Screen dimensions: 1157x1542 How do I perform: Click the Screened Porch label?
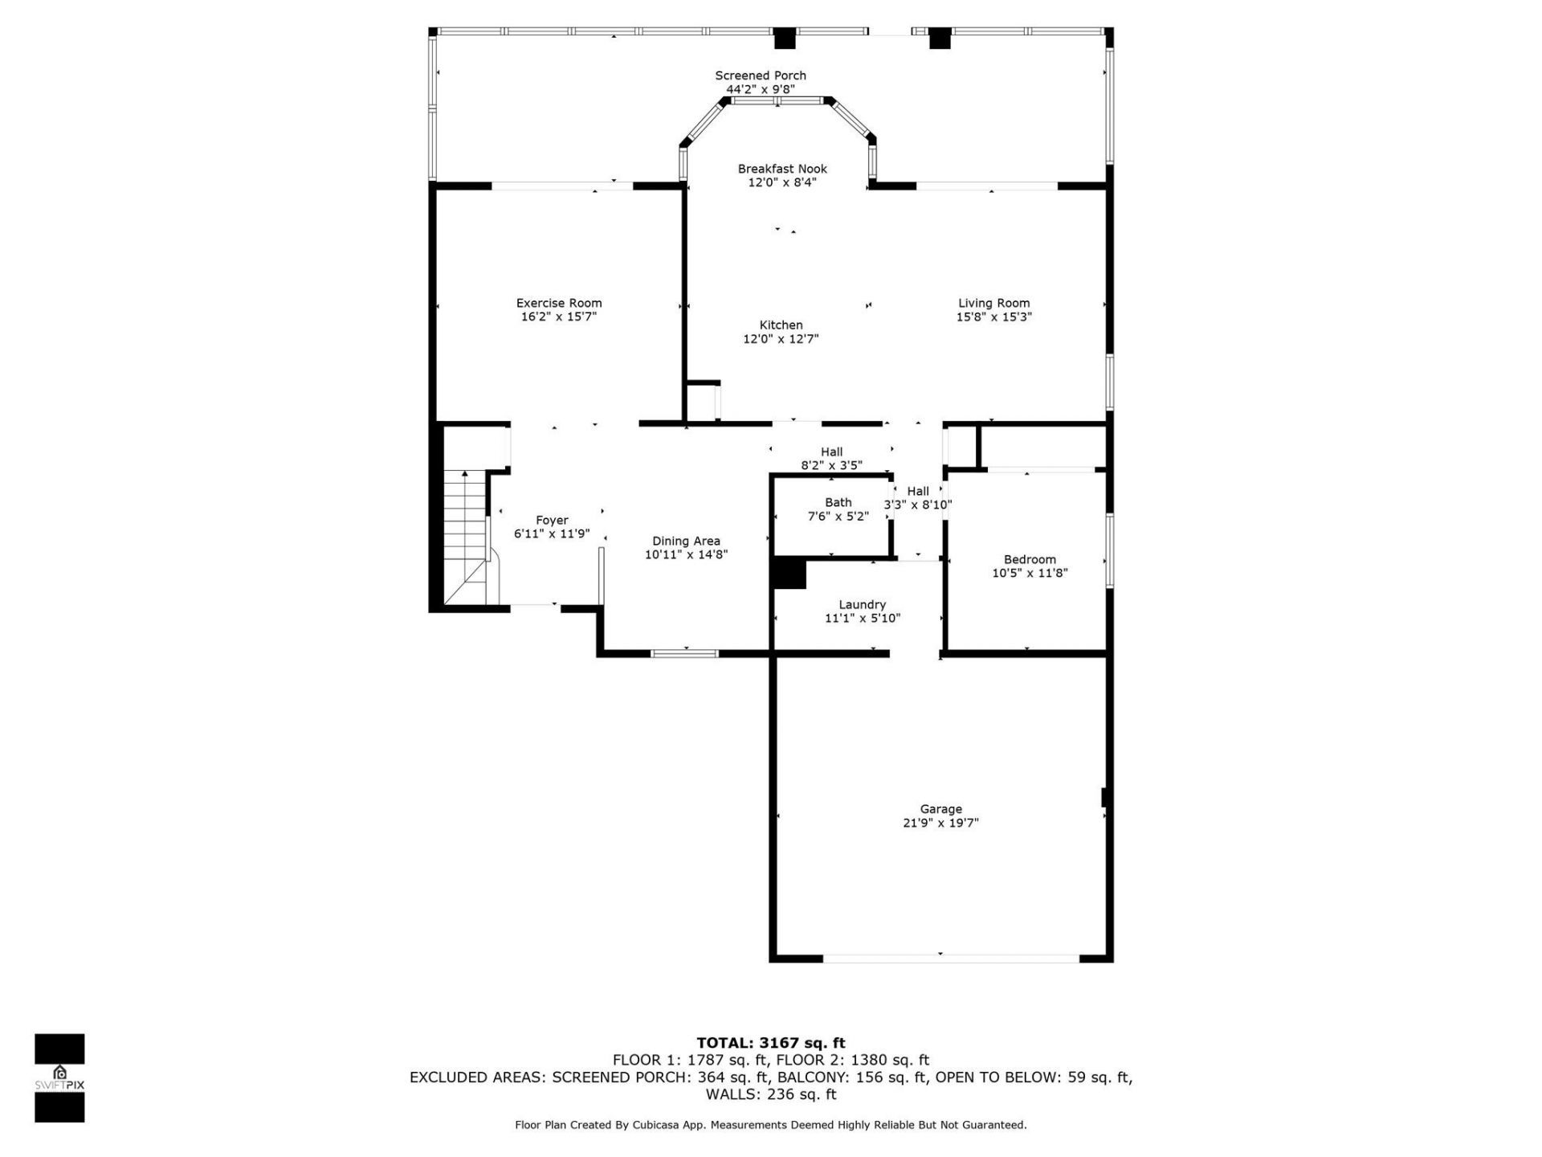click(x=760, y=76)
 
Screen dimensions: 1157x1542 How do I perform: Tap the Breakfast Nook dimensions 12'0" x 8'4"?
click(x=782, y=183)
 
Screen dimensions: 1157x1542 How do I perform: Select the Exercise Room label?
click(x=558, y=303)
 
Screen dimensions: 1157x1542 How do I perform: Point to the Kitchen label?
click(x=781, y=325)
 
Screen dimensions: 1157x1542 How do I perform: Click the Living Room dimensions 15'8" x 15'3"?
click(x=993, y=317)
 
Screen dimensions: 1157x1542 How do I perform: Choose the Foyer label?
click(x=552, y=521)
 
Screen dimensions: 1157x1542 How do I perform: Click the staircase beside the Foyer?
click(x=465, y=538)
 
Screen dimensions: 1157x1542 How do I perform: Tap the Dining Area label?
click(x=686, y=541)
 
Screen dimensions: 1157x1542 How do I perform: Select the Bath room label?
click(x=838, y=502)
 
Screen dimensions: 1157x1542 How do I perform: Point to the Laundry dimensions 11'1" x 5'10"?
click(x=862, y=619)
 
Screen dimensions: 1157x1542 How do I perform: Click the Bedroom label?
click(x=1030, y=559)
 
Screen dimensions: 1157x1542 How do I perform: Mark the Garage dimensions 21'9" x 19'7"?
click(x=940, y=823)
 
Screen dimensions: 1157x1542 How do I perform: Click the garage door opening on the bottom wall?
click(x=951, y=958)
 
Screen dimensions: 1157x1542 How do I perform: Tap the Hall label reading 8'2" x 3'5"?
click(x=831, y=452)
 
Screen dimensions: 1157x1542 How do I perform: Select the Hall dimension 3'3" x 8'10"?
click(x=918, y=505)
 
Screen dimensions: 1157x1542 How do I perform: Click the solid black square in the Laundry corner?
click(x=789, y=574)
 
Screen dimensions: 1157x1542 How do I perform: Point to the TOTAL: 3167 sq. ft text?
click(x=770, y=1043)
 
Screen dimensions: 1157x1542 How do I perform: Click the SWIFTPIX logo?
click(x=59, y=1077)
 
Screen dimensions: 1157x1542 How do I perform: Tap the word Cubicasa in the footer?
click(x=654, y=1125)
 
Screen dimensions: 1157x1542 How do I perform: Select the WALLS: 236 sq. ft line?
click(x=770, y=1094)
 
